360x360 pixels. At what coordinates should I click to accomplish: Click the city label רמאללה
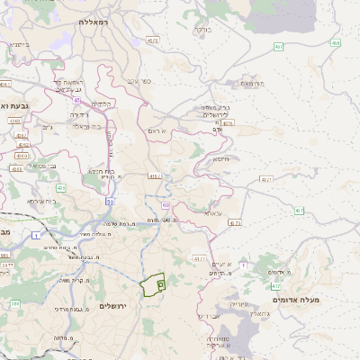click(x=93, y=21)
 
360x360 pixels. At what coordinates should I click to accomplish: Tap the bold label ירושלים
click(x=113, y=306)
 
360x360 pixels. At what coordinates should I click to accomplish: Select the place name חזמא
click(x=220, y=157)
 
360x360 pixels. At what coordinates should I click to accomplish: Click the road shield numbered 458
click(x=336, y=42)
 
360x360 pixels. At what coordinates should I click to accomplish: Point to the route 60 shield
click(x=166, y=205)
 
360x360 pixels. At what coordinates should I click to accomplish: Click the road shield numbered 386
click(x=14, y=303)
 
